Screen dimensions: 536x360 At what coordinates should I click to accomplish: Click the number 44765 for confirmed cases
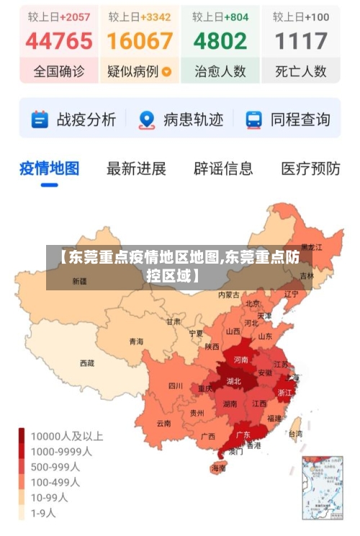click(x=59, y=41)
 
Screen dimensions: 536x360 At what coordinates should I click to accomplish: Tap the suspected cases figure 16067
click(x=140, y=41)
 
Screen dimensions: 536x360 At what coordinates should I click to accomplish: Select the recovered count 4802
click(x=220, y=41)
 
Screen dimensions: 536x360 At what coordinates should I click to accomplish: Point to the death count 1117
click(x=301, y=41)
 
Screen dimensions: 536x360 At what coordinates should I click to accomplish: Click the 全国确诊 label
click(x=59, y=71)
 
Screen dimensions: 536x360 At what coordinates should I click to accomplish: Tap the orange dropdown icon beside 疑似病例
click(x=167, y=72)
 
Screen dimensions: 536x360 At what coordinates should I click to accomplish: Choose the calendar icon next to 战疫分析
click(x=40, y=120)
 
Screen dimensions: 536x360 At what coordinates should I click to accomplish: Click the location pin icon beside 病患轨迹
click(x=147, y=120)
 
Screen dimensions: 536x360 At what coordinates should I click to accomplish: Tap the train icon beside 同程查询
click(x=253, y=120)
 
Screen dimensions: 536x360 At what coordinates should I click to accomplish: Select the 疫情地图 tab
click(x=49, y=169)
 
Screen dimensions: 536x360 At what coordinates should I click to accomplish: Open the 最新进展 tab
click(x=136, y=169)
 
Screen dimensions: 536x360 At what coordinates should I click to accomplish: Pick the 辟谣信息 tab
click(x=223, y=169)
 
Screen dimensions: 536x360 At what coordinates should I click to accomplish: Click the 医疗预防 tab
click(x=310, y=169)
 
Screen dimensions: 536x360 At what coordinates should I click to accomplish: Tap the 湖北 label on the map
click(x=234, y=381)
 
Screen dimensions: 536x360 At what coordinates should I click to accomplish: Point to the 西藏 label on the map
click(x=86, y=363)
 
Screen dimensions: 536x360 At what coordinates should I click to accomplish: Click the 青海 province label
click(x=136, y=341)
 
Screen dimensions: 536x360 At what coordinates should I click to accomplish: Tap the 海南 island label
click(x=218, y=468)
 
